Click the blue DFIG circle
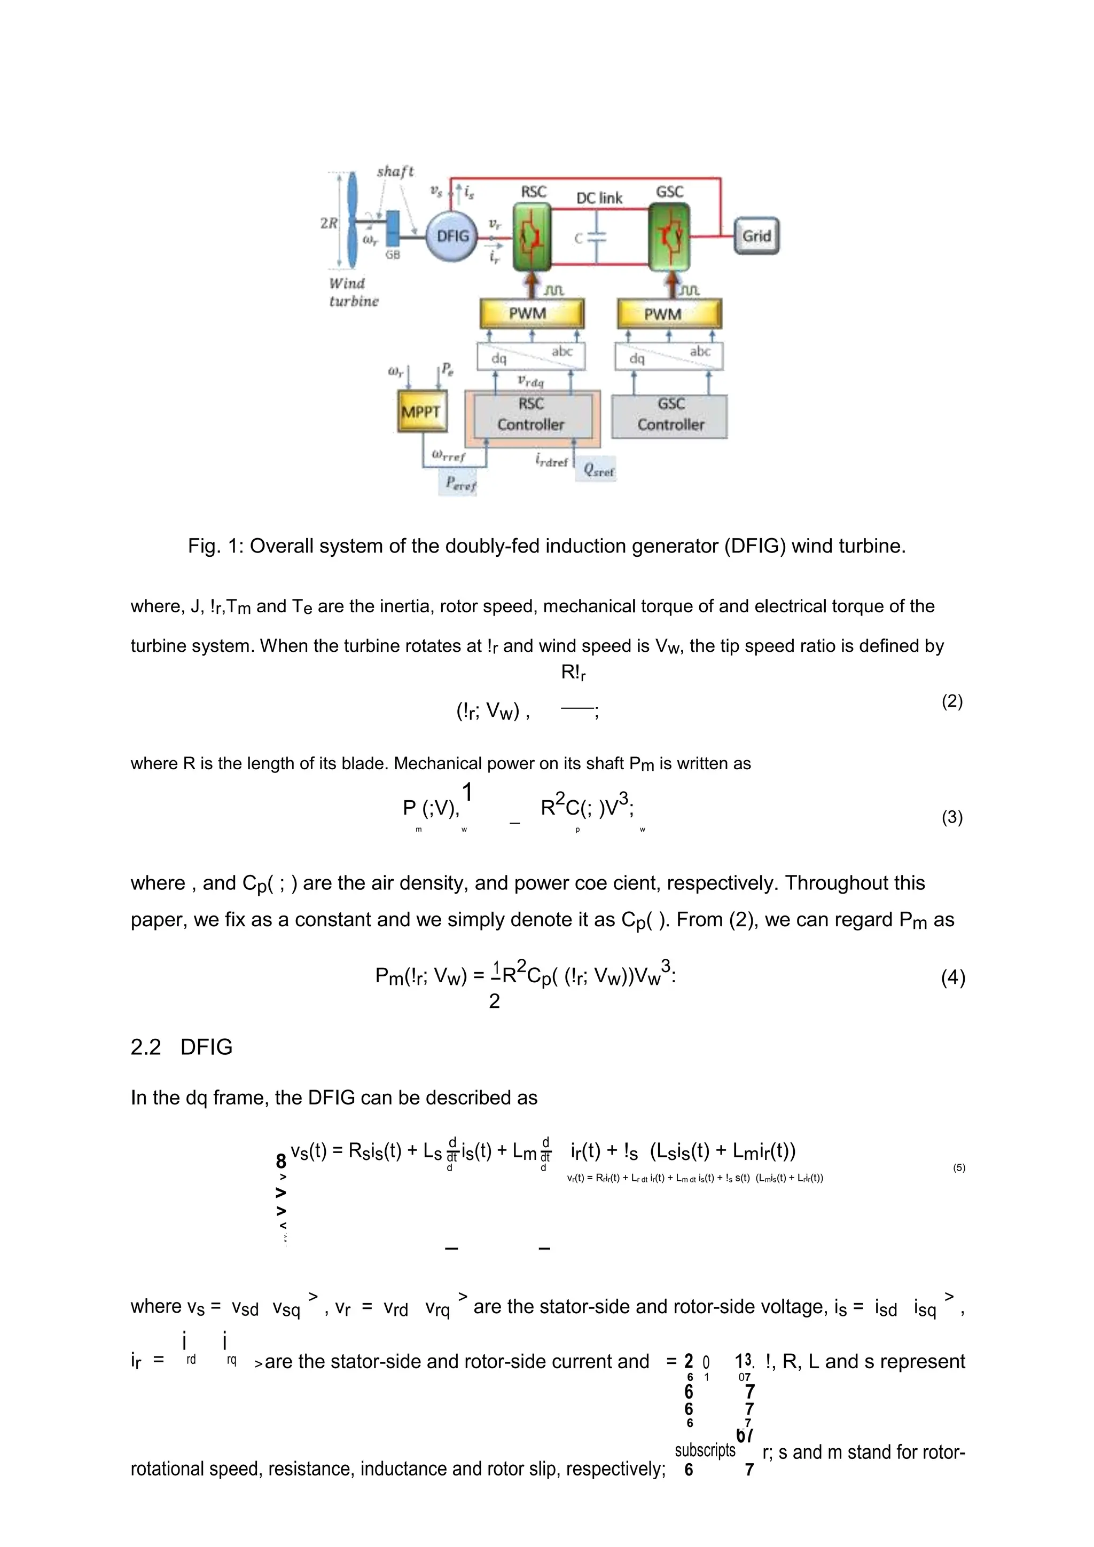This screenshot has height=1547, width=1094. [452, 236]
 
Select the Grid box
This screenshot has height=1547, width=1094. [756, 236]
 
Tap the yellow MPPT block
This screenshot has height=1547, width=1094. [420, 411]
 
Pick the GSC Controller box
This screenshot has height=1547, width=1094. [670, 414]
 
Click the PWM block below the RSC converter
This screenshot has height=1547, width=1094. [531, 314]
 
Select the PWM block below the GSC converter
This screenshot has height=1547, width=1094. [669, 314]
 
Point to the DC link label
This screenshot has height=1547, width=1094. [599, 198]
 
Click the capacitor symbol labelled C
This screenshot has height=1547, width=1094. [597, 237]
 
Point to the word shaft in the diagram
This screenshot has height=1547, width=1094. [395, 171]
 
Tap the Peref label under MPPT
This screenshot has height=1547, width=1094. [460, 484]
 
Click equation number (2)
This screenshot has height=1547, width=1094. [952, 701]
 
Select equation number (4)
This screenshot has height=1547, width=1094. [953, 977]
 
